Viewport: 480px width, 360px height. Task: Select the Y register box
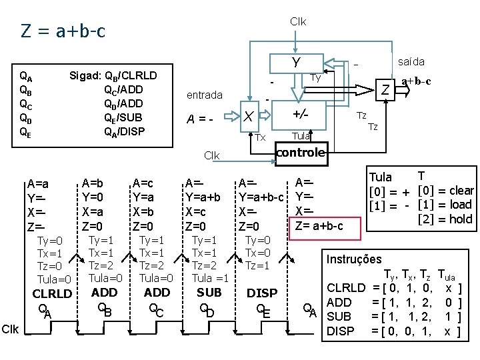[x=296, y=63]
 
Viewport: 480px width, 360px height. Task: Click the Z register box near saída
[x=385, y=89]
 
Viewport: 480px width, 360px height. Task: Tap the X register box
[x=248, y=117]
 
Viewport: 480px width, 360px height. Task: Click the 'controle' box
[x=301, y=153]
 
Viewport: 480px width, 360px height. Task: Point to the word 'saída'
[x=411, y=61]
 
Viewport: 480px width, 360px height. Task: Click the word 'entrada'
[x=205, y=95]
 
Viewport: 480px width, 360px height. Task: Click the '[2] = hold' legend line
[x=444, y=219]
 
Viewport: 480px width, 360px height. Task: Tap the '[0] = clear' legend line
[x=444, y=191]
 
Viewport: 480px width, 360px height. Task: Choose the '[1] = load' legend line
[x=444, y=205]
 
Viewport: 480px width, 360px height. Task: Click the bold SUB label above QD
[x=209, y=292]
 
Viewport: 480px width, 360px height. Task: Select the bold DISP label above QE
[x=262, y=293]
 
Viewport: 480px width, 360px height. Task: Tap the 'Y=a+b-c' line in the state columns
[x=262, y=197]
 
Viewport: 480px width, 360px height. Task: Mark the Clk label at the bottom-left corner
[x=10, y=329]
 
